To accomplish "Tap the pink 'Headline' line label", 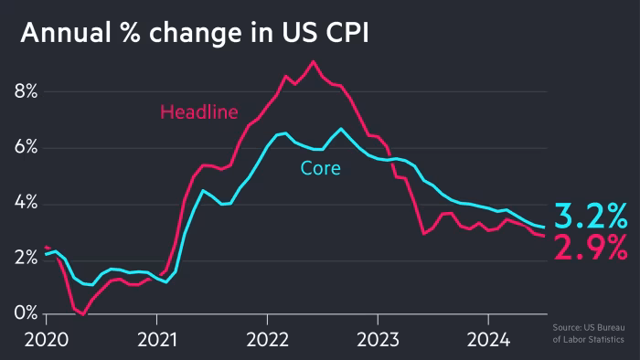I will coord(198,112).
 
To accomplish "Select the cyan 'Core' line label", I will coord(320,168).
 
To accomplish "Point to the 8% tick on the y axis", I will coord(25,91).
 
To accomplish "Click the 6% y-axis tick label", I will coord(25,148).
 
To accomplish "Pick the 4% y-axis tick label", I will coord(25,204).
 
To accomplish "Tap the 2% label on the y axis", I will coord(25,259).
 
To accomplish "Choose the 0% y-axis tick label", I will coord(25,314).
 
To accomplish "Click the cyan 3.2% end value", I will coord(592,217).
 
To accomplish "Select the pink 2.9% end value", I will coord(592,247).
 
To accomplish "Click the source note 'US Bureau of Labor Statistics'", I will coord(589,334).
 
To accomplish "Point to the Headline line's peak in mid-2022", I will coord(313,61).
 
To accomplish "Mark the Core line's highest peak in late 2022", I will coord(340,129).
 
